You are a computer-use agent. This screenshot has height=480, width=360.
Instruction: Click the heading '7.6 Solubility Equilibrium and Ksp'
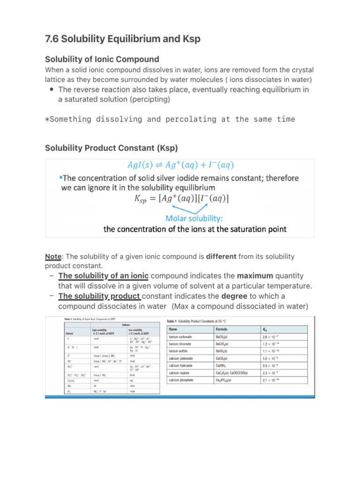tap(122, 39)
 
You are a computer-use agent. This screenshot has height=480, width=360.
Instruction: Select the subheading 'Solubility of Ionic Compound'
tap(102, 59)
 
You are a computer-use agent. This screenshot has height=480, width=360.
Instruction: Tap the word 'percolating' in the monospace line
tap(184, 119)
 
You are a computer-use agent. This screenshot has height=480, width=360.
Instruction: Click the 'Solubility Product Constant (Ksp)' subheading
tap(111, 148)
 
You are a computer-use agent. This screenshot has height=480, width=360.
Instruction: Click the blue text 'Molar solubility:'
tap(195, 218)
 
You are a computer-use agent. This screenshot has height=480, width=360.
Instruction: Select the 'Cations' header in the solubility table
tap(126, 324)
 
